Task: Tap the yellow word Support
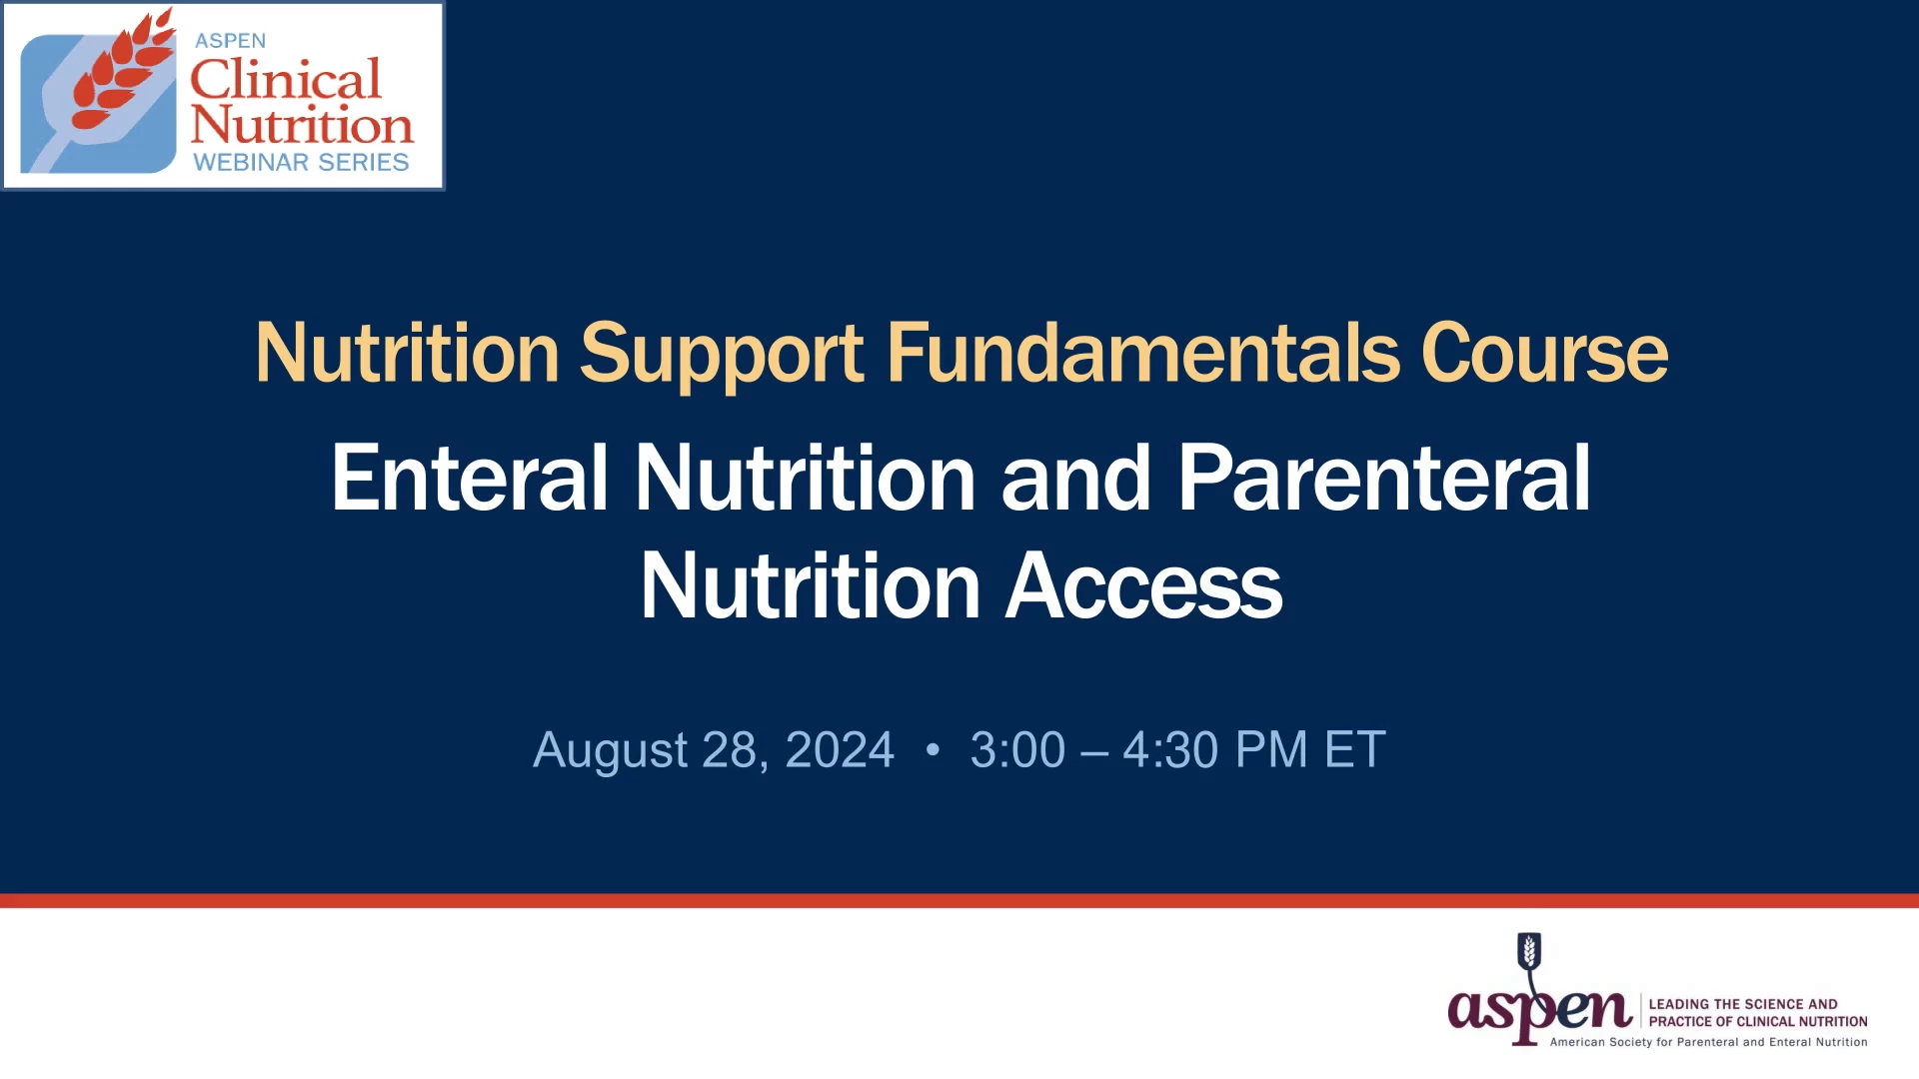pyautogui.click(x=722, y=356)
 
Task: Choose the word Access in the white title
pyautogui.click(x=1143, y=586)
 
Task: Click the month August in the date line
pyautogui.click(x=611, y=751)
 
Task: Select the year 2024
pyautogui.click(x=840, y=750)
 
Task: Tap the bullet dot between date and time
pyautogui.click(x=933, y=749)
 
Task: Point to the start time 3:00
pyautogui.click(x=1017, y=750)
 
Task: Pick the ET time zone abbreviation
pyautogui.click(x=1354, y=750)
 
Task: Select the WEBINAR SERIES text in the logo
pyautogui.click(x=301, y=162)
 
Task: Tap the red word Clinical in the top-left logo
pyautogui.click(x=286, y=79)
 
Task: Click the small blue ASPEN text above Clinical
pyautogui.click(x=230, y=41)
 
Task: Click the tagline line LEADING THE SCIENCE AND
pyautogui.click(x=1743, y=1004)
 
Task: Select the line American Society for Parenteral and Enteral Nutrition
pyautogui.click(x=1708, y=1042)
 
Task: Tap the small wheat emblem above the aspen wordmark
pyautogui.click(x=1529, y=950)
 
